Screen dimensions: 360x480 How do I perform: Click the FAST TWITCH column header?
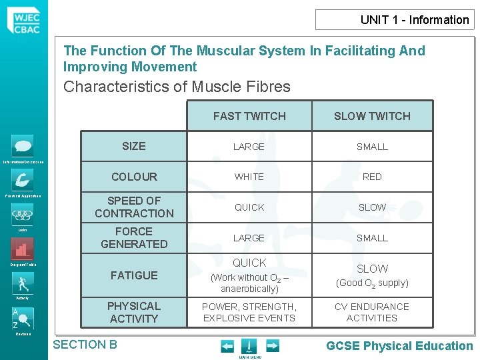pos(249,116)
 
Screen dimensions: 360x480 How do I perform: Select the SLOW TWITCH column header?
pos(372,116)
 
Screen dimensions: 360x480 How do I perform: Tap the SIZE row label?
pos(134,146)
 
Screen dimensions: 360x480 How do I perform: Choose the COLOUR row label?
pos(134,177)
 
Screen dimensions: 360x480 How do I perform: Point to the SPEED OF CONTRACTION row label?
pos(134,207)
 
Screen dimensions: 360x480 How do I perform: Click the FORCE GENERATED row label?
pos(134,238)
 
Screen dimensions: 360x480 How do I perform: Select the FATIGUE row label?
pos(134,275)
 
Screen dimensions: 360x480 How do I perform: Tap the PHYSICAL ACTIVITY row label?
pos(134,312)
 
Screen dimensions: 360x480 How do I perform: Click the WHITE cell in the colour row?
pos(249,177)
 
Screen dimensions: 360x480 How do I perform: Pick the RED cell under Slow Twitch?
pos(372,177)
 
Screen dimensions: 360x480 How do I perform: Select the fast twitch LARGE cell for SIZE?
pos(249,147)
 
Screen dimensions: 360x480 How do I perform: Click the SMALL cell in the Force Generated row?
pos(372,238)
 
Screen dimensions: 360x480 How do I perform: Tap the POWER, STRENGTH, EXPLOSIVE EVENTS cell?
pos(249,312)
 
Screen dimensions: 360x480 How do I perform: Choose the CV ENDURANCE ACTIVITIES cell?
pos(372,312)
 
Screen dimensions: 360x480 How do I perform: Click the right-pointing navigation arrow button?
pos(272,345)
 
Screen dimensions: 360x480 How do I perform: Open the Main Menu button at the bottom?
pos(248,347)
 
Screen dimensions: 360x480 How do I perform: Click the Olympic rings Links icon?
pos(22,215)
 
